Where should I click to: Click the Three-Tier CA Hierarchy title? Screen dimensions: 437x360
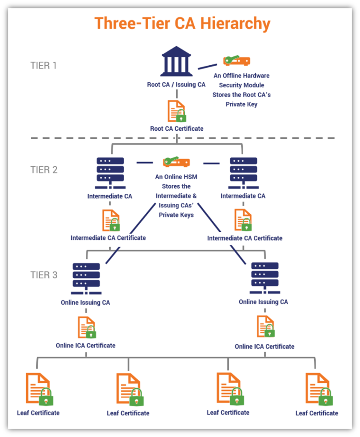[182, 24]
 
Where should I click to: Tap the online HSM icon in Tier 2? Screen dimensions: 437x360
[176, 162]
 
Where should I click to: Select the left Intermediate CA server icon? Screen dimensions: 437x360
[110, 173]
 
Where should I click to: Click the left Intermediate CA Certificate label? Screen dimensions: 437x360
[108, 238]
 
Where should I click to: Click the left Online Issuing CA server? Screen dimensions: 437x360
[86, 278]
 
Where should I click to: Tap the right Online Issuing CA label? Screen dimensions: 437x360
[263, 302]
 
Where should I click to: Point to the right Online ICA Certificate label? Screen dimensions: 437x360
[264, 346]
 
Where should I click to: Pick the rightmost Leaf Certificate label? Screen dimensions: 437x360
[316, 413]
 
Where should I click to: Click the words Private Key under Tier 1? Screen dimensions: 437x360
[241, 104]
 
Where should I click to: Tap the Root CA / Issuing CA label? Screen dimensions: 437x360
[176, 84]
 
